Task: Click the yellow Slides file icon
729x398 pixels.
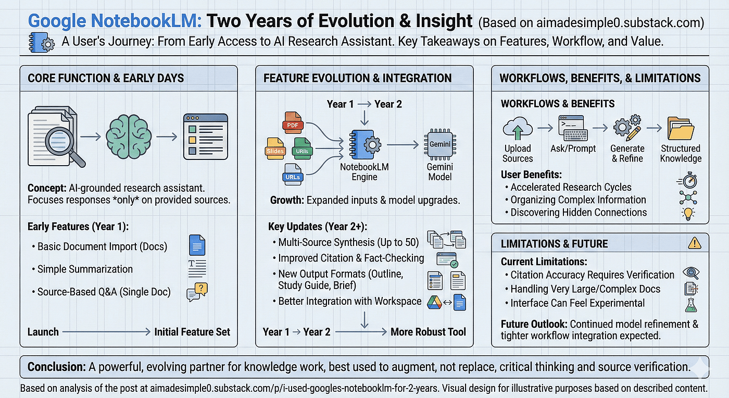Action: click(x=274, y=148)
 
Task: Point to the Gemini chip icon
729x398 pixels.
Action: click(x=440, y=145)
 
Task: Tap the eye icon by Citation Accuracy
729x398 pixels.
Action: click(x=690, y=273)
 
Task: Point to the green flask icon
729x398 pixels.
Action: click(x=690, y=303)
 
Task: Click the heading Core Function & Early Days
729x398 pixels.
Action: click(x=105, y=78)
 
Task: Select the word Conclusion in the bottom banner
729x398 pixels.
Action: click(x=56, y=367)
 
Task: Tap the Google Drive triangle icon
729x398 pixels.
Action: click(x=434, y=302)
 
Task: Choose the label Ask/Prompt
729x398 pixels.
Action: click(x=573, y=148)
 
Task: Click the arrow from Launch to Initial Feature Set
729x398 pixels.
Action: click(x=106, y=332)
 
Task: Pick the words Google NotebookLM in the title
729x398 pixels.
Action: click(x=115, y=21)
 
